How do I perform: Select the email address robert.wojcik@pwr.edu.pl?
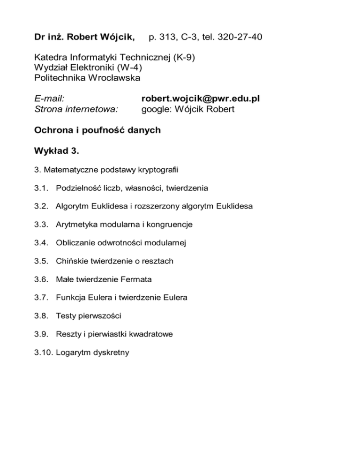coord(201,99)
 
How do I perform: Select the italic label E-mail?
coord(49,99)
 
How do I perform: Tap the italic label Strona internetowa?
coord(76,109)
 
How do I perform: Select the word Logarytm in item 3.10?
coord(71,353)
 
